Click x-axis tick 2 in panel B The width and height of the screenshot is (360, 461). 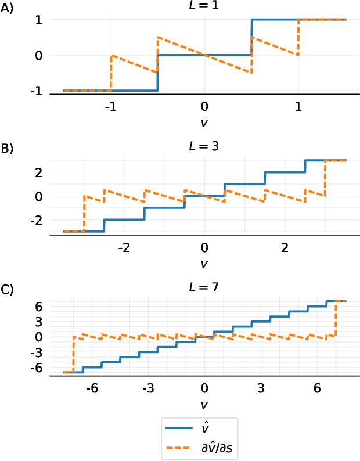point(285,248)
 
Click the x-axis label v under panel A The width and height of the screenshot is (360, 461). point(204,122)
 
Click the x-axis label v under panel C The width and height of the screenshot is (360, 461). point(204,403)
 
